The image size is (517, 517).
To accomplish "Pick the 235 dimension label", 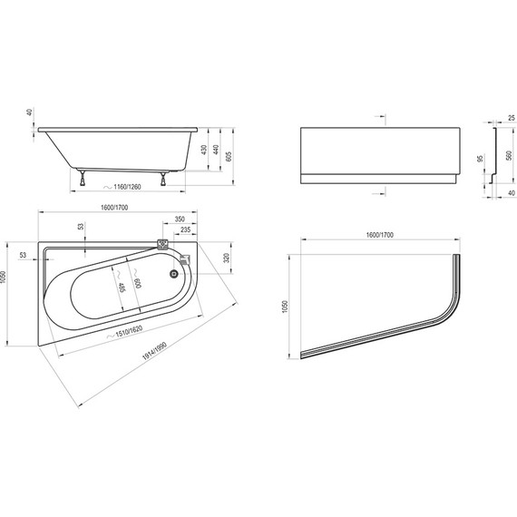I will (185, 229).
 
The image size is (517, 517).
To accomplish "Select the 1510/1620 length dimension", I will (123, 331).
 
